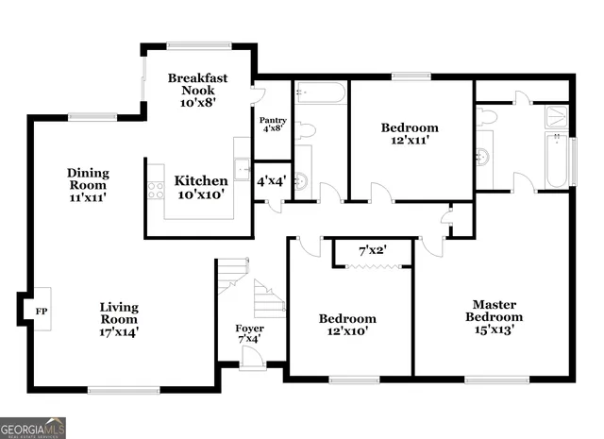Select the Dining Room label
click(88, 185)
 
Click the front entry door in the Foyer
click(251, 358)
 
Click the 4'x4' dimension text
click(272, 180)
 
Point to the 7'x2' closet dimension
click(373, 251)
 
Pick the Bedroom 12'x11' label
click(410, 133)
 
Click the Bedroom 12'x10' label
click(347, 325)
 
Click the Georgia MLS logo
click(33, 428)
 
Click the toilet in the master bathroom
click(487, 117)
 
